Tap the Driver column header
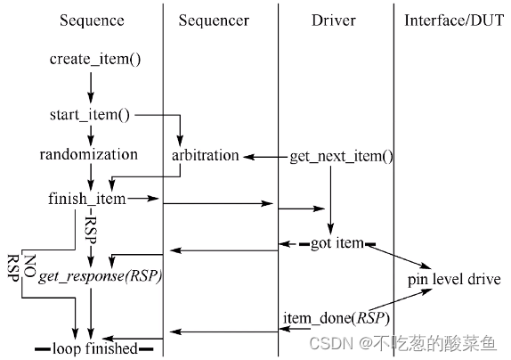pyautogui.click(x=335, y=20)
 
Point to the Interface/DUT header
pyautogui.click(x=451, y=20)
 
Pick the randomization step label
pyautogui.click(x=89, y=155)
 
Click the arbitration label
pyautogui.click(x=206, y=156)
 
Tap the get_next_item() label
pyautogui.click(x=341, y=156)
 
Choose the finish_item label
pyautogui.click(x=87, y=199)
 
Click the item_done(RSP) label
pyautogui.click(x=336, y=318)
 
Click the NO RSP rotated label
pyautogui.click(x=21, y=267)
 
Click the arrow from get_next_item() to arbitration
pyautogui.click(x=264, y=157)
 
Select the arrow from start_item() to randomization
pyautogui.click(x=90, y=135)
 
